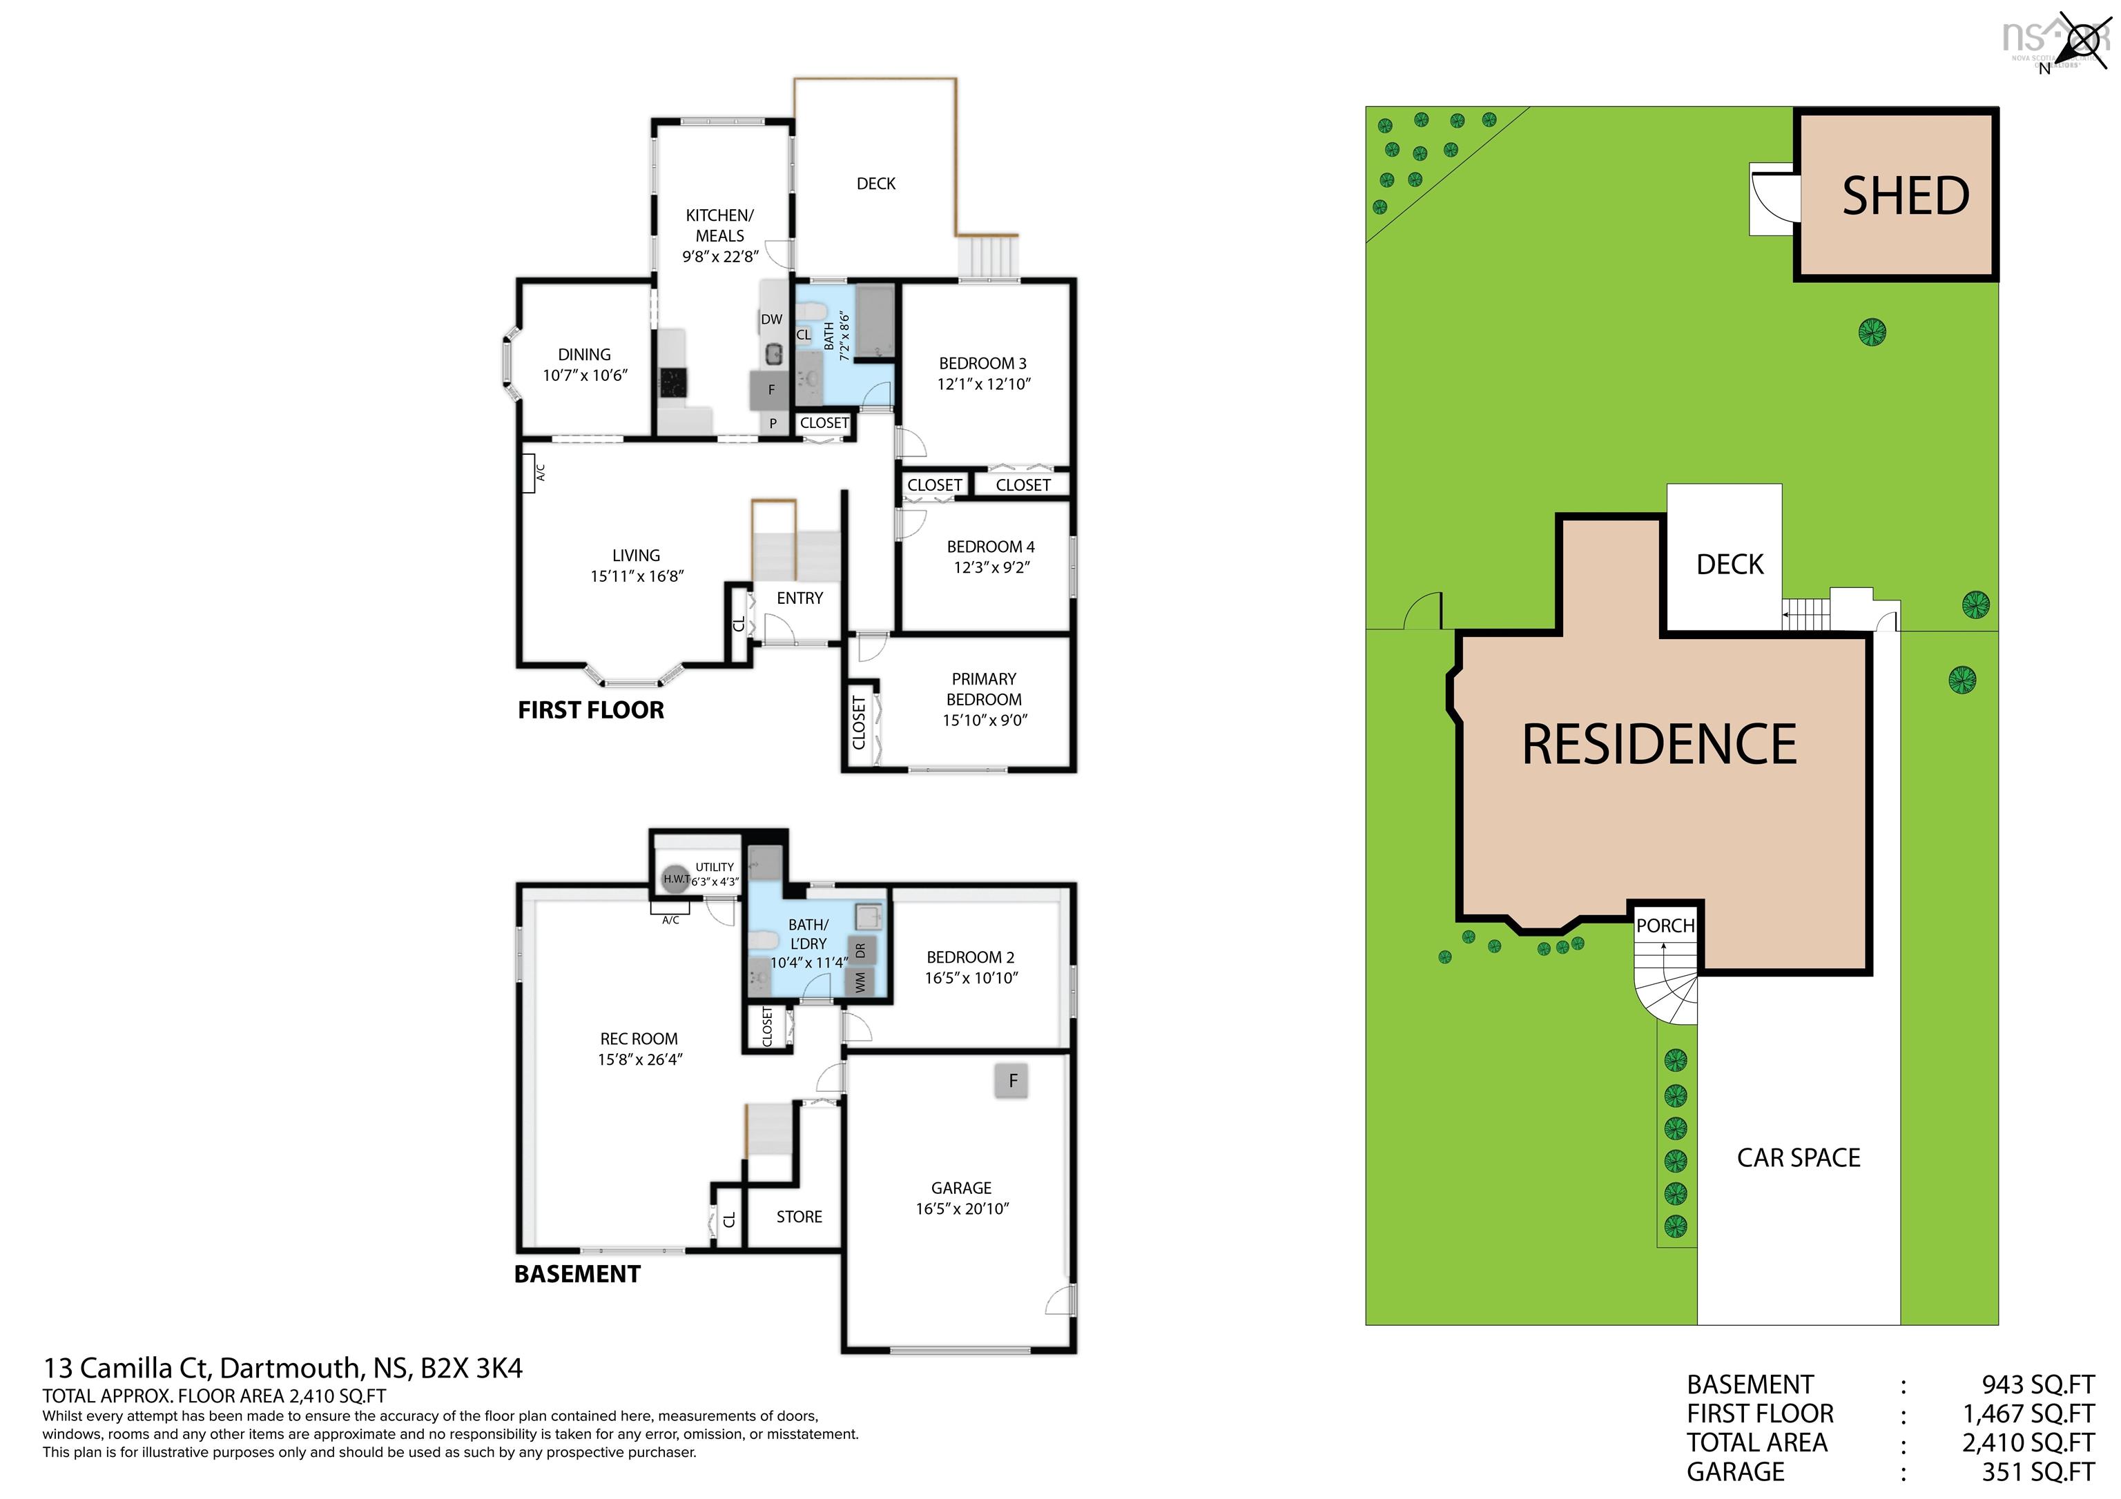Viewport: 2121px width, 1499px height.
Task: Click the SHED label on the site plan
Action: (x=1906, y=196)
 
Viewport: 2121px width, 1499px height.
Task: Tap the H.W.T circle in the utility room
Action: (x=676, y=879)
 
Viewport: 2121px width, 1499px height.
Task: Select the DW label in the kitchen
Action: (x=771, y=320)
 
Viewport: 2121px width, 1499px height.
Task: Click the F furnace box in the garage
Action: (x=1012, y=1081)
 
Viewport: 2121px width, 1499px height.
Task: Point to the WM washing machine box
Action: (x=860, y=981)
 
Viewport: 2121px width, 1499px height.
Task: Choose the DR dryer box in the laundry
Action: (x=860, y=950)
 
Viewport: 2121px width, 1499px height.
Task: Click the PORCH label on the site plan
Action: (x=1665, y=925)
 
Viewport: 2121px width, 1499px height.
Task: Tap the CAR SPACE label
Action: (x=1799, y=1158)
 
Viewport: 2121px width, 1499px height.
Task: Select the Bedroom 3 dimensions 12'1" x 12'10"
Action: (x=984, y=384)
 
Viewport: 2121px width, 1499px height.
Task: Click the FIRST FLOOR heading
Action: (x=590, y=710)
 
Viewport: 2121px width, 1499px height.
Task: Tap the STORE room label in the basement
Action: (x=799, y=1217)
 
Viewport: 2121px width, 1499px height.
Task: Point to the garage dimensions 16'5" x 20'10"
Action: (x=962, y=1209)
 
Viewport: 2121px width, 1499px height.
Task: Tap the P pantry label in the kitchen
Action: (x=773, y=424)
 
